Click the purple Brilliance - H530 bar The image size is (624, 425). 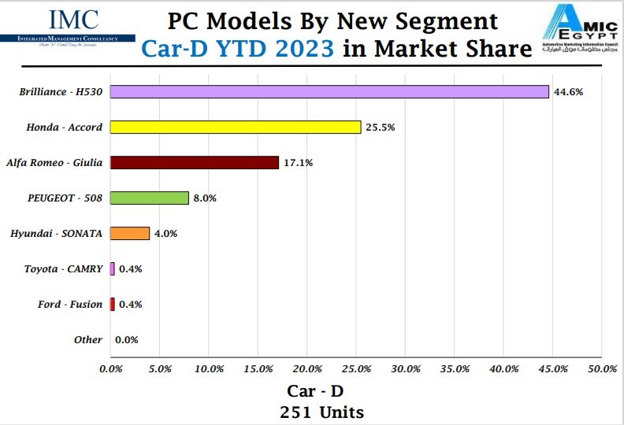329,91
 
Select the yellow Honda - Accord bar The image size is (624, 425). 236,127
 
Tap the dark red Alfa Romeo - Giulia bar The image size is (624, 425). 195,162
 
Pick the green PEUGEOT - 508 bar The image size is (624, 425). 150,198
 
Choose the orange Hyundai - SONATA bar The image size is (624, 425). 130,233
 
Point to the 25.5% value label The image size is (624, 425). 380,128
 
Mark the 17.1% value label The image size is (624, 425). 298,163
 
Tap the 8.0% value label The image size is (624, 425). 205,198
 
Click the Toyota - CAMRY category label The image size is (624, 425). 63,269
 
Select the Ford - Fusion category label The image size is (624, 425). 70,305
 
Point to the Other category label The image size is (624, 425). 88,340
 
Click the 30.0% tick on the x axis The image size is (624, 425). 406,368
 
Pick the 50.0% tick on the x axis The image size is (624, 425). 602,368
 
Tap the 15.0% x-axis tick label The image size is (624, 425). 258,368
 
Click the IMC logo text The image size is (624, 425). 74,20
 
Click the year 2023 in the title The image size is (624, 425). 299,49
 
